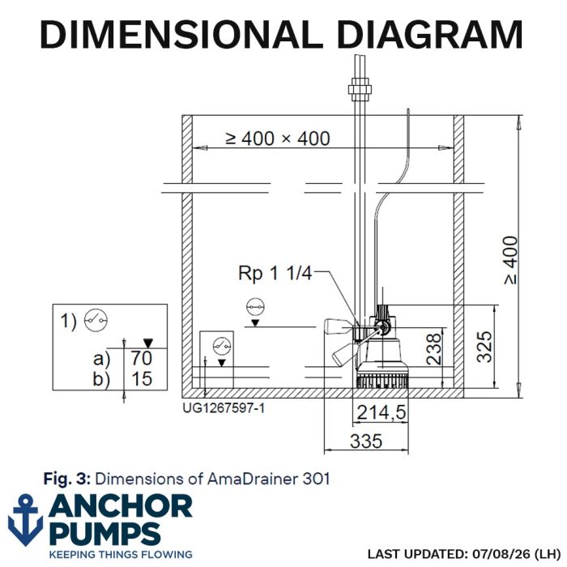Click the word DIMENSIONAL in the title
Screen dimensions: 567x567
(181, 34)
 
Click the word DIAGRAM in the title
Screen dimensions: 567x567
(429, 34)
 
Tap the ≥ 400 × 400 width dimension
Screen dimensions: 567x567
(278, 139)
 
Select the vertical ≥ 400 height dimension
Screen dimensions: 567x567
(512, 260)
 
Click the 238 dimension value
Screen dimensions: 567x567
(434, 348)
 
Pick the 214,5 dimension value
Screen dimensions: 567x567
(382, 412)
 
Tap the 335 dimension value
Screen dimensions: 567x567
(366, 441)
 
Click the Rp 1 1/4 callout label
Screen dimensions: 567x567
(275, 273)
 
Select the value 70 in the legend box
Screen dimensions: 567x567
(142, 358)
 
